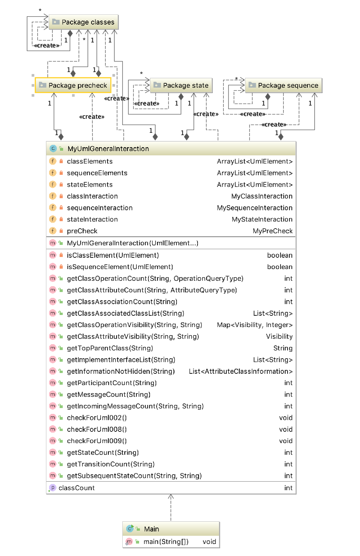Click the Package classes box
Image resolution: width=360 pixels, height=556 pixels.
point(83,22)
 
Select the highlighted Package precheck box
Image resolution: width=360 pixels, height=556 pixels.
point(73,85)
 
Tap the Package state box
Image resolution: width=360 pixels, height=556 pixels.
point(181,85)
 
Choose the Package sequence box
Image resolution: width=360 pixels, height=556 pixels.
point(284,85)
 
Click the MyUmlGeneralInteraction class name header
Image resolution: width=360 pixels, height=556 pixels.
point(108,149)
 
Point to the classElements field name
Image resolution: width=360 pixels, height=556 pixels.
point(90,162)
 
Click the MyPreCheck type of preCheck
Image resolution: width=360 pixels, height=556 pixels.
point(272,231)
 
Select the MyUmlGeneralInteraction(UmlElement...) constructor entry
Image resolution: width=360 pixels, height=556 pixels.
point(132,243)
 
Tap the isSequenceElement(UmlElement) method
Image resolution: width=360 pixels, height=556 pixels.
point(120,267)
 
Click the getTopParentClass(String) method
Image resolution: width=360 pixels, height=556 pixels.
point(110,348)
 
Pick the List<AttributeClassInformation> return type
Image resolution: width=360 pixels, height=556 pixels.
point(240,371)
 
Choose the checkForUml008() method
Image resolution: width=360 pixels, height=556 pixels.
point(97,429)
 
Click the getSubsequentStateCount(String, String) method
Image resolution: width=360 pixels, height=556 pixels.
point(134,476)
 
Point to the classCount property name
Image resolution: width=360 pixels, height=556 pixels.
point(76,488)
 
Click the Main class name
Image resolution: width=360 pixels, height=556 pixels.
point(152,529)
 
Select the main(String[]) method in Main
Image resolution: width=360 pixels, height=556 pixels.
point(166,542)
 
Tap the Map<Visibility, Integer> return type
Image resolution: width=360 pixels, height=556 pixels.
point(254,325)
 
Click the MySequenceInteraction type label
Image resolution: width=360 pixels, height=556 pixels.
point(254,208)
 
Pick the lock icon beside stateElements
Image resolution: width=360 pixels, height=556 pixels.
point(61,185)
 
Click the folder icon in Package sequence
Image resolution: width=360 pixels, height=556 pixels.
point(252,85)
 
